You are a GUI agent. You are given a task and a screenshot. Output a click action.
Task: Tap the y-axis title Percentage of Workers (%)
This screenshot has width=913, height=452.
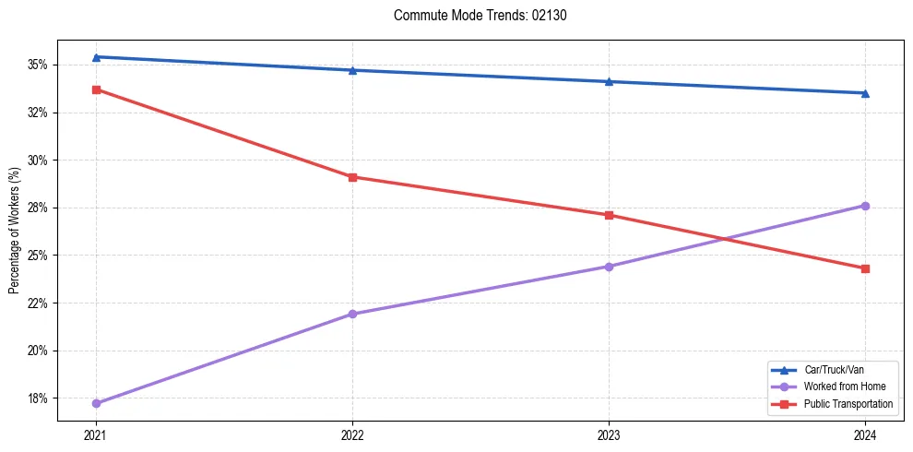tap(14, 232)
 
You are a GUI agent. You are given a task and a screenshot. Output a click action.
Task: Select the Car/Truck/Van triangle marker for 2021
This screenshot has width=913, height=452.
tap(96, 57)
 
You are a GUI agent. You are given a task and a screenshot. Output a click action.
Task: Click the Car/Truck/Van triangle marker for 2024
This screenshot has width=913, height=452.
tap(865, 93)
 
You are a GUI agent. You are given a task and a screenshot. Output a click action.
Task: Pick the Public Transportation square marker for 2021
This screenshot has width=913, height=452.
tap(96, 89)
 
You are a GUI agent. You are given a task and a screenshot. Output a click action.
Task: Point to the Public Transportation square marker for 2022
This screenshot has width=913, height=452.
tap(352, 177)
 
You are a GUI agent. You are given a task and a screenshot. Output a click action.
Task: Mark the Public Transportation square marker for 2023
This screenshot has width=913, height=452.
tap(609, 216)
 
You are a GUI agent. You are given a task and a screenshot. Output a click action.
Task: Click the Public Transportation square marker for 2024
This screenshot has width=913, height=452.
tap(865, 268)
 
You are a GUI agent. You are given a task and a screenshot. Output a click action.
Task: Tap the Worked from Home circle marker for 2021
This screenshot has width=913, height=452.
tap(96, 403)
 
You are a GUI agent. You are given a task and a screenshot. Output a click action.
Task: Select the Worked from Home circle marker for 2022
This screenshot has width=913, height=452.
tap(352, 315)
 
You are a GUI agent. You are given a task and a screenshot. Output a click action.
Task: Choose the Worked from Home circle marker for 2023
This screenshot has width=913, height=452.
tap(609, 267)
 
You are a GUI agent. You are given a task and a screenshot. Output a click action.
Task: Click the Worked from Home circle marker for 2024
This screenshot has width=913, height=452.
tap(865, 206)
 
